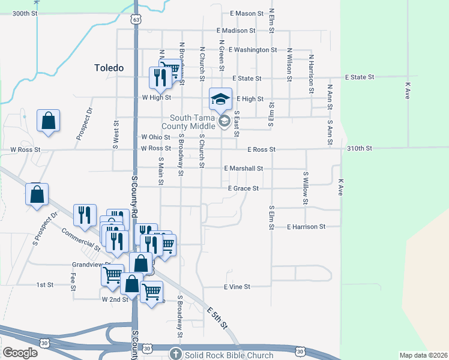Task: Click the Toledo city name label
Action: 109,68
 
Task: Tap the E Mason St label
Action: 247,13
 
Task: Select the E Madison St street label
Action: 237,31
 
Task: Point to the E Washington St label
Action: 253,50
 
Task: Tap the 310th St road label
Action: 360,148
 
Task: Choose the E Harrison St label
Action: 306,227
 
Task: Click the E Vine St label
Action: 237,287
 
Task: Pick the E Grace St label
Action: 243,188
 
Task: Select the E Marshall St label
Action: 243,169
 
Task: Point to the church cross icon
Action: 175,354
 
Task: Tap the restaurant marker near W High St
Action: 160,77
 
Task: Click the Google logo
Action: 20,353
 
